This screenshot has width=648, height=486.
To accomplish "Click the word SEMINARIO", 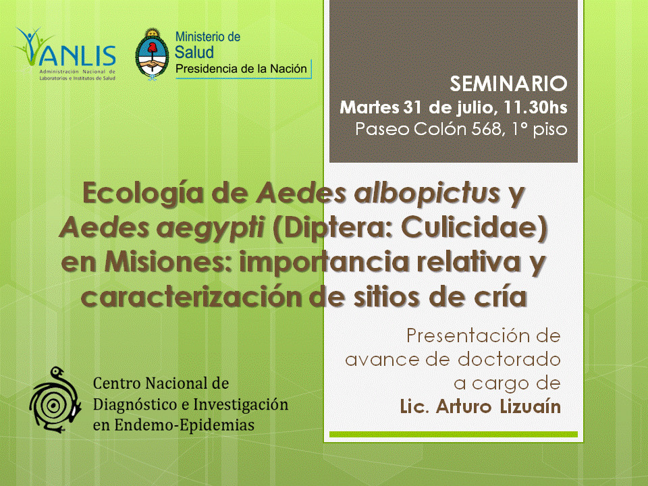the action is click(508, 84).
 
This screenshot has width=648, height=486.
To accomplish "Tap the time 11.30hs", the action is click(535, 107).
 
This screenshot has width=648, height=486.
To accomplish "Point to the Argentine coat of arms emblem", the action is click(152, 54).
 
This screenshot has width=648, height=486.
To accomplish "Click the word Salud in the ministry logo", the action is click(194, 53).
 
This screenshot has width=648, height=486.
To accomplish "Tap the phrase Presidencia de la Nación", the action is click(242, 69).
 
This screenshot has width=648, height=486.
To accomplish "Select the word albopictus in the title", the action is click(427, 193).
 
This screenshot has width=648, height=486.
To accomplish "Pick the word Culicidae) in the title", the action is click(475, 227).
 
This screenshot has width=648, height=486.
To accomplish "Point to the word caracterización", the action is click(192, 296).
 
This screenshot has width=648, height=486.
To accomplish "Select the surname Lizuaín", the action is click(531, 406).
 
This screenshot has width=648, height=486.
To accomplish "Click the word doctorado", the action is click(509, 359).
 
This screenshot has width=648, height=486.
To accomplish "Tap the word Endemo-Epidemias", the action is click(184, 425).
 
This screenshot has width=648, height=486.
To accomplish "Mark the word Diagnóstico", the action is click(135, 404).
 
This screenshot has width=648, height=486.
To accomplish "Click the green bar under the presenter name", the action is click(454, 434).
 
